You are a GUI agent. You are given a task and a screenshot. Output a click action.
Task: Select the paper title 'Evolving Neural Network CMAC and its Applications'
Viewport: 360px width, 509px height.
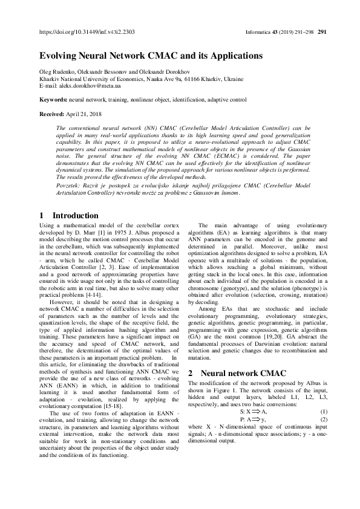[x=151, y=56]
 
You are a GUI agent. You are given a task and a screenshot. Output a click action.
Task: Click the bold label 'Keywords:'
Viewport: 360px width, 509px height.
[x=53, y=99]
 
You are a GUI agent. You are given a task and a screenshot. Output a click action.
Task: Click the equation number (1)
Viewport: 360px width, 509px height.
[x=323, y=411]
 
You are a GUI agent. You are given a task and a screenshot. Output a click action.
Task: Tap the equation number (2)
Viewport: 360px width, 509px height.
[x=323, y=419]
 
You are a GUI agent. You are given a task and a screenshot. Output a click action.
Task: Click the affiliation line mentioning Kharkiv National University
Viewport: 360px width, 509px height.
[x=141, y=79]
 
